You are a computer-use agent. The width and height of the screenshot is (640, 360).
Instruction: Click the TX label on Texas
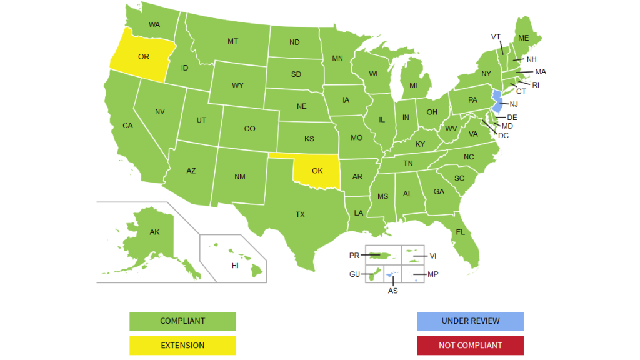tap(300, 214)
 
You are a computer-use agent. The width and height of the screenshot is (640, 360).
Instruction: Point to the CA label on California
tap(127, 126)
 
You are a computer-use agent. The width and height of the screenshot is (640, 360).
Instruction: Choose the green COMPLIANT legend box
tap(182, 321)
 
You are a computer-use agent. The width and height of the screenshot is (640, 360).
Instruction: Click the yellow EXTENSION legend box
tap(182, 345)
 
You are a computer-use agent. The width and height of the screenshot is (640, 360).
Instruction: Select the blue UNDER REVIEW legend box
tap(470, 321)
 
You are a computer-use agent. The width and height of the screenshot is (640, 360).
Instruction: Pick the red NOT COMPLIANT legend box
tap(470, 345)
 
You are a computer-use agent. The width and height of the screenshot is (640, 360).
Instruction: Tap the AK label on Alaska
tap(154, 232)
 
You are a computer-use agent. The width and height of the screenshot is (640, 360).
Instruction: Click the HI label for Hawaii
tap(235, 266)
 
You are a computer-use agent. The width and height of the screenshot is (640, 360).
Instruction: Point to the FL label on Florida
tap(461, 232)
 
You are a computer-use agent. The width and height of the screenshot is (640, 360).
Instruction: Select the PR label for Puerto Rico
tap(354, 256)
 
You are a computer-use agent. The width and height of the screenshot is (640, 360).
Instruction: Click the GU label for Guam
tap(354, 274)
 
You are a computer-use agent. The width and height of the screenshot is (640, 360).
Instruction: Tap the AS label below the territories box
tap(392, 291)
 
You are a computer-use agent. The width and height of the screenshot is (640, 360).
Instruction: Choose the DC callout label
tap(503, 135)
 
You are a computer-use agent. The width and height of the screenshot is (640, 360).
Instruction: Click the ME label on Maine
tap(523, 38)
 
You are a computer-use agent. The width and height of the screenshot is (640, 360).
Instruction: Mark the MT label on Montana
tap(232, 41)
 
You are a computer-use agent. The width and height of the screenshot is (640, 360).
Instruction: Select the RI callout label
tap(536, 84)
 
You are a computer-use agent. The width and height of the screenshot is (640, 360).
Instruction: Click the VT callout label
tap(496, 37)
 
